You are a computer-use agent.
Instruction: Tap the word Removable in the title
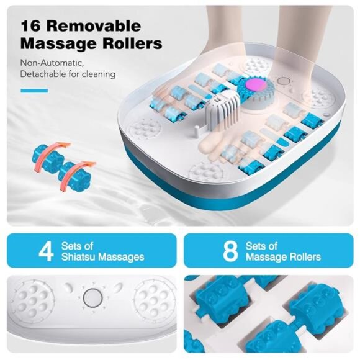(x=102, y=27)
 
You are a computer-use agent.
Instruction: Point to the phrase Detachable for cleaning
(x=68, y=74)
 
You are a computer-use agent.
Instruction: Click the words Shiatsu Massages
(x=102, y=257)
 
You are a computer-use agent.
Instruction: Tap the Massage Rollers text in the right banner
(x=283, y=257)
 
